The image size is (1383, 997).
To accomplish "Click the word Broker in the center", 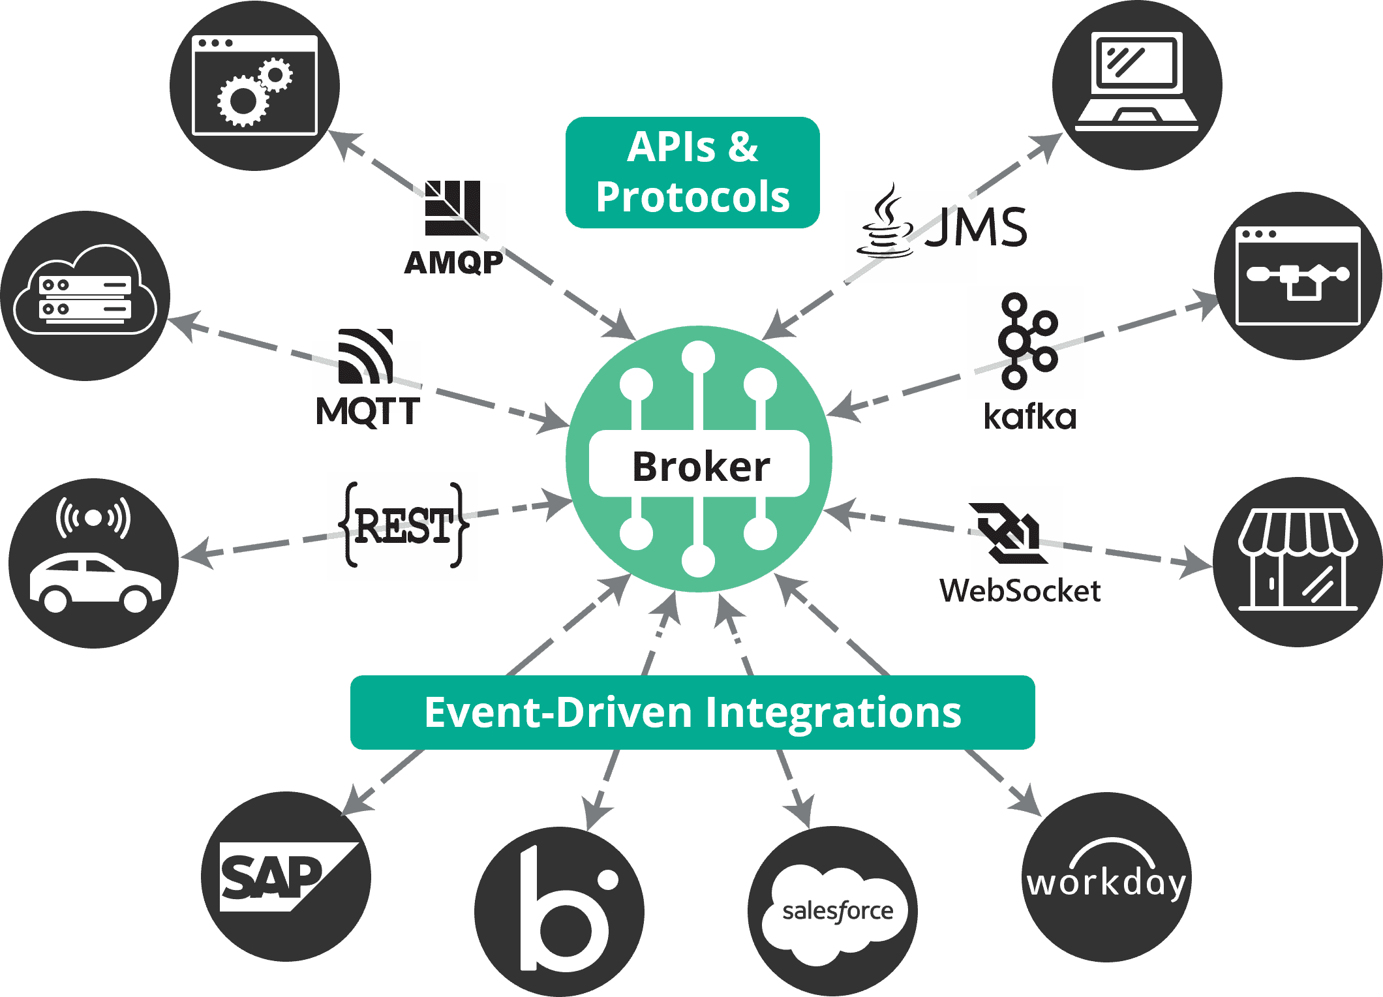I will [701, 467].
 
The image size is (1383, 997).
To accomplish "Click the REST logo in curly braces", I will [403, 526].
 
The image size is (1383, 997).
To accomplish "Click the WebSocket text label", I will [1020, 591].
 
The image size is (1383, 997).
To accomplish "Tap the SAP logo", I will [281, 876].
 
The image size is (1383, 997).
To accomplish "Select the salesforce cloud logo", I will [835, 910].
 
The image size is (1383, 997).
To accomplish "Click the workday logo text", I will [1106, 883].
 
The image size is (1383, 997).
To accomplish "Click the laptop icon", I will [1136, 82].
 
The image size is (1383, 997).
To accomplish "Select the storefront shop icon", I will [1297, 560].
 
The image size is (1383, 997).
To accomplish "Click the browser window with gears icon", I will [254, 85].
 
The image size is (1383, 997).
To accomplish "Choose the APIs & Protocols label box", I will [692, 172].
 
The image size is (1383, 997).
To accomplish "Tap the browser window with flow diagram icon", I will [1298, 276].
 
